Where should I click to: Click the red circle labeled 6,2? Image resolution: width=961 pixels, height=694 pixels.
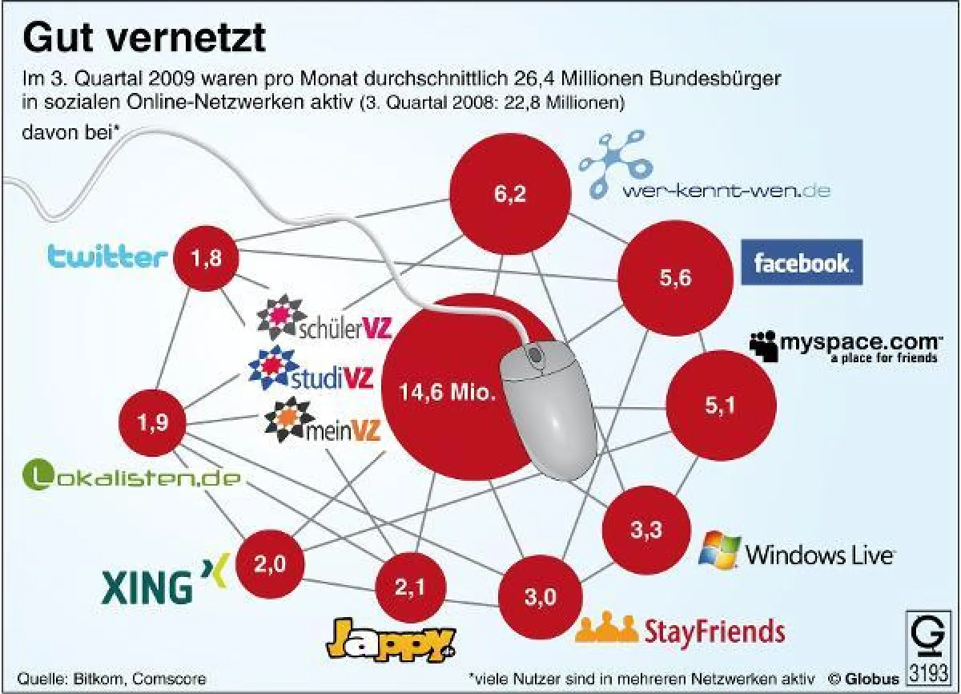tap(510, 195)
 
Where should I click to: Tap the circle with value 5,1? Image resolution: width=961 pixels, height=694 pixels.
tap(720, 406)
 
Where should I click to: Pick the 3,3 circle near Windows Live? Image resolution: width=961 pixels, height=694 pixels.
tap(646, 530)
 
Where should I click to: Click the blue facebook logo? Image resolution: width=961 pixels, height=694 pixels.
tap(802, 262)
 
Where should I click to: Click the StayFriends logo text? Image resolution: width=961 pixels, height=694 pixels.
tap(680, 630)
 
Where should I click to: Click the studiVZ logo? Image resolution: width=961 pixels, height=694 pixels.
tap(311, 373)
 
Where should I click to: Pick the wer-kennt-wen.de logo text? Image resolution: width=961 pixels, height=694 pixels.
tap(726, 191)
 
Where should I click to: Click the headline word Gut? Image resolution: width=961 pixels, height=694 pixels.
tap(58, 37)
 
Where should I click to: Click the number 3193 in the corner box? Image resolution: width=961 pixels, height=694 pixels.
tap(930, 669)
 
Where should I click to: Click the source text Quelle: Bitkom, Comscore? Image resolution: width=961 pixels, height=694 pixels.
tap(111, 678)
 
